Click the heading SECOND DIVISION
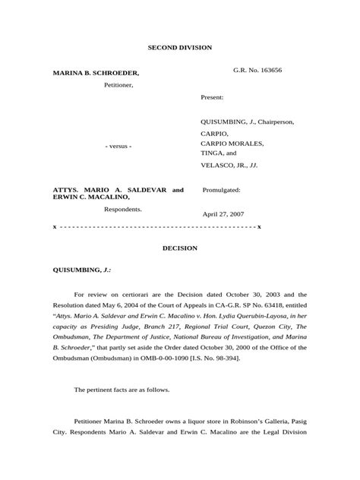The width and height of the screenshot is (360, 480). pyautogui.click(x=180, y=47)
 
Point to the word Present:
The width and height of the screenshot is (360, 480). pyautogui.click(x=213, y=98)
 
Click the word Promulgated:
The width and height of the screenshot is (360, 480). pyautogui.click(x=222, y=191)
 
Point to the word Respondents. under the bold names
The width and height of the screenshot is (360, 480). pyautogui.click(x=123, y=208)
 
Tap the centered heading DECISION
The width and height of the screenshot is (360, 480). pyautogui.click(x=180, y=248)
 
